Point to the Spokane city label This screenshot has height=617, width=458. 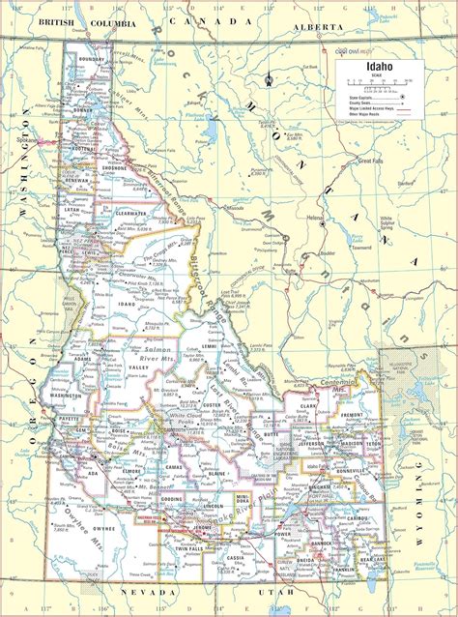(26, 140)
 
